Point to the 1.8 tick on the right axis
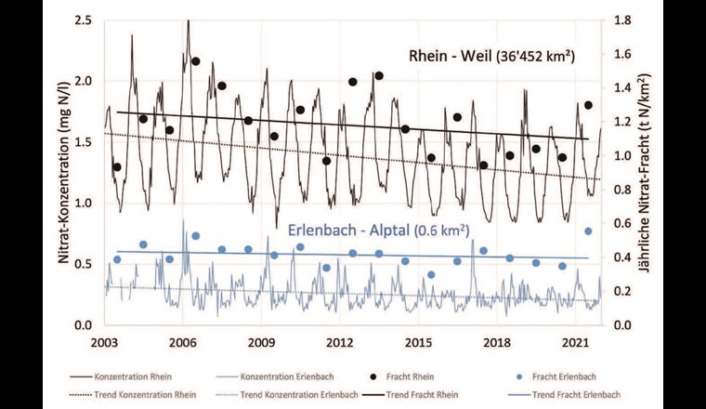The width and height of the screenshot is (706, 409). click(622, 20)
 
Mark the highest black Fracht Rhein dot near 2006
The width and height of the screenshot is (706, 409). click(195, 61)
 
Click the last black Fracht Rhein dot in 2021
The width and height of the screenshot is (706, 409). click(588, 105)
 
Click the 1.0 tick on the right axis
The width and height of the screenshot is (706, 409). click(622, 156)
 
